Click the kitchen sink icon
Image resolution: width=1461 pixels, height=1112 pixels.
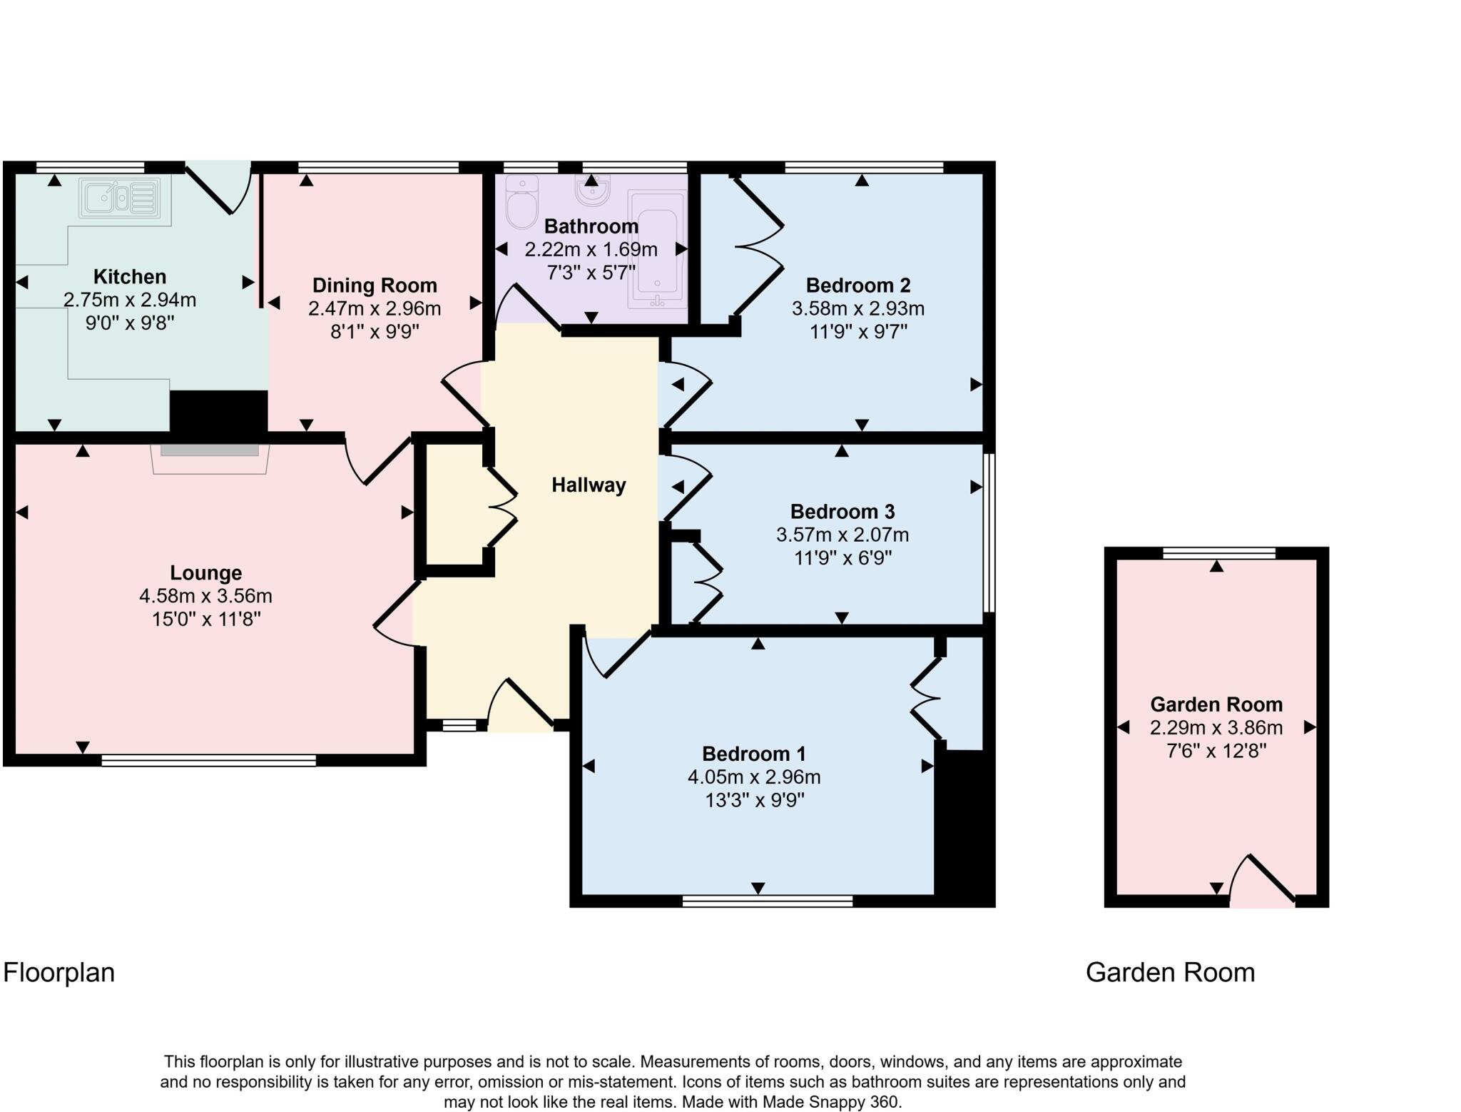pos(120,197)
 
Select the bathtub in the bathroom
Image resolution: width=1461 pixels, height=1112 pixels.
pos(656,249)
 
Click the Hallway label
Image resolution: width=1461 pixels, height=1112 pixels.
pos(589,485)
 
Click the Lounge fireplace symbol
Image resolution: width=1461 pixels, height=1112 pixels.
pos(210,457)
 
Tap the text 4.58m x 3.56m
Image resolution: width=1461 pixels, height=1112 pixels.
pos(205,596)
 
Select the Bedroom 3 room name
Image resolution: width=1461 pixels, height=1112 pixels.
pos(842,512)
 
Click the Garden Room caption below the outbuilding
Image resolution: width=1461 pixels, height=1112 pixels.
pos(1169,973)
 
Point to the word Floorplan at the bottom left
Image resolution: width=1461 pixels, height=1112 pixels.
pos(58,973)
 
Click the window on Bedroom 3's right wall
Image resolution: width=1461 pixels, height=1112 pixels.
pos(989,532)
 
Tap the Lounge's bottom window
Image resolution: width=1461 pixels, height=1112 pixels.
pos(208,761)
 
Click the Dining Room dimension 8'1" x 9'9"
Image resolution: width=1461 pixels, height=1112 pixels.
pos(375,332)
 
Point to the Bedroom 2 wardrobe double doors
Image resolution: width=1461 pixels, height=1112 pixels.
pos(758,247)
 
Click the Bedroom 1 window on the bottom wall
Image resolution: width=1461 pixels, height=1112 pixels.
pos(768,901)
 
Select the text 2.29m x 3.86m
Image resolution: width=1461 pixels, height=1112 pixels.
pos(1216,728)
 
